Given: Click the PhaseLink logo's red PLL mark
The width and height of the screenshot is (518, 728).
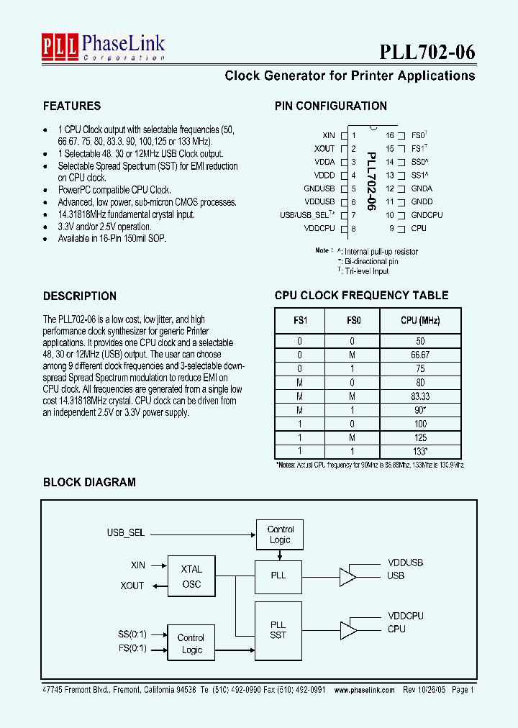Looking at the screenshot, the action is coord(60,45).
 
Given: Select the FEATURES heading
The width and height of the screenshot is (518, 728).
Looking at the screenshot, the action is coord(72,106).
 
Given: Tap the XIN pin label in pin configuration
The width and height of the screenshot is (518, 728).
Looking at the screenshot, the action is coord(329,135).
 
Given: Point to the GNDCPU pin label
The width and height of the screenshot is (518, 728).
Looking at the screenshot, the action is coord(427,215).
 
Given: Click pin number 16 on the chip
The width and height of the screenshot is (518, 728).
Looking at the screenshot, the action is coord(390,135).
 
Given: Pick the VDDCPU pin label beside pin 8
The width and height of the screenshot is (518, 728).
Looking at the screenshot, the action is coord(319,229).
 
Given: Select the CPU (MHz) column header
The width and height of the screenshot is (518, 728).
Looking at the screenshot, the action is coord(420,320).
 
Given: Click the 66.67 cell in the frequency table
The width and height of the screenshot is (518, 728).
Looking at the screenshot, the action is coord(420,355).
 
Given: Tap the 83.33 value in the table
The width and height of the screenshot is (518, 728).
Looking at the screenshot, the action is coord(420,396).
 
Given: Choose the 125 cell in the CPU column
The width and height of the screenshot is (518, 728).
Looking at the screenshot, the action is coord(420,437).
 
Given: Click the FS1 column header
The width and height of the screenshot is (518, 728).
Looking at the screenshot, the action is coord(299,320).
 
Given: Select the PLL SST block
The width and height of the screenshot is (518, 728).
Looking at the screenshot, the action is coord(278,629).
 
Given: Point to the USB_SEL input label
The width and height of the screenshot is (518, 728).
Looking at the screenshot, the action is coord(126,533).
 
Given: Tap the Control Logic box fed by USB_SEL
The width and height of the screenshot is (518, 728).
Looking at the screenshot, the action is coord(280,534).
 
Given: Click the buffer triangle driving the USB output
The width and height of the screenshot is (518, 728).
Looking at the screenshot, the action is coord(348,576).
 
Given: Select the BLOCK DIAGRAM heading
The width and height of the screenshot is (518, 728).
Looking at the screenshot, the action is coord(89,482).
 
